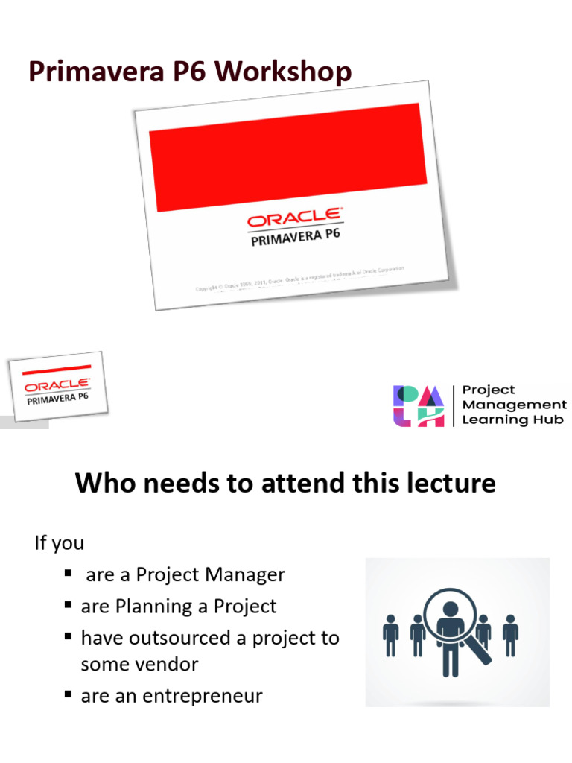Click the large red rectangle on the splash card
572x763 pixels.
(x=288, y=156)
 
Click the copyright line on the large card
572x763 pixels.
(x=300, y=279)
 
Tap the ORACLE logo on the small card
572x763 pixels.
(x=57, y=386)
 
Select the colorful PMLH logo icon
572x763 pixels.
(x=418, y=405)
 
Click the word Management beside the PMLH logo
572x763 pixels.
(x=515, y=405)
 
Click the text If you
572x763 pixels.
(x=60, y=543)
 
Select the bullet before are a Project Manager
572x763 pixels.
(x=69, y=574)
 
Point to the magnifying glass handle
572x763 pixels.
(x=483, y=655)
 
